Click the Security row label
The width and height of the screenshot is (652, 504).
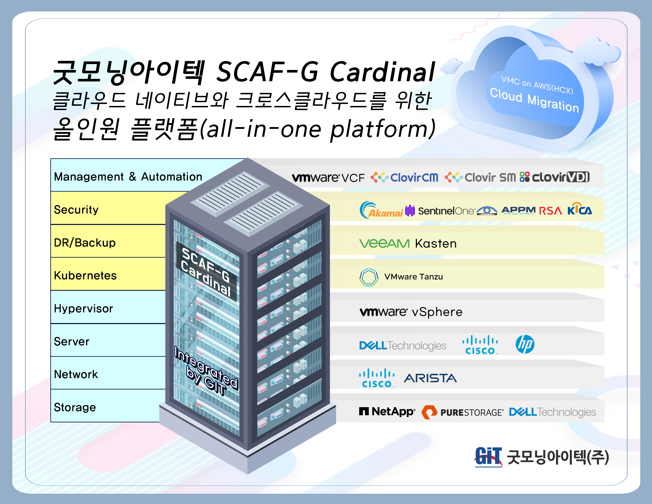pyautogui.click(x=76, y=210)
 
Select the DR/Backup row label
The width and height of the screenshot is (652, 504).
pyautogui.click(x=85, y=243)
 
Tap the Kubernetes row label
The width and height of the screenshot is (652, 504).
pyautogui.click(x=85, y=276)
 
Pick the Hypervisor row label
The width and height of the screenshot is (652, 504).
pyautogui.click(x=83, y=309)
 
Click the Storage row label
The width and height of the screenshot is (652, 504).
pyautogui.click(x=75, y=407)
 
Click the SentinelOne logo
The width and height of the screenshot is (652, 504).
pyautogui.click(x=440, y=211)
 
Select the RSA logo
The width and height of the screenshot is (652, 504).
pyautogui.click(x=550, y=211)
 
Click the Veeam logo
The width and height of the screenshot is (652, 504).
pyautogui.click(x=384, y=243)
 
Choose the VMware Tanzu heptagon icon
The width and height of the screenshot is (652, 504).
pyautogui.click(x=369, y=277)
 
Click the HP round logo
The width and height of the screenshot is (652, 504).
pyautogui.click(x=525, y=344)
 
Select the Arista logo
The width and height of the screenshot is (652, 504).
pyautogui.click(x=430, y=378)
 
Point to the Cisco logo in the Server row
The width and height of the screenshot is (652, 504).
pyautogui.click(x=480, y=345)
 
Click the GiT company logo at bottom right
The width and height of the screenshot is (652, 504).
pyautogui.click(x=488, y=457)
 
